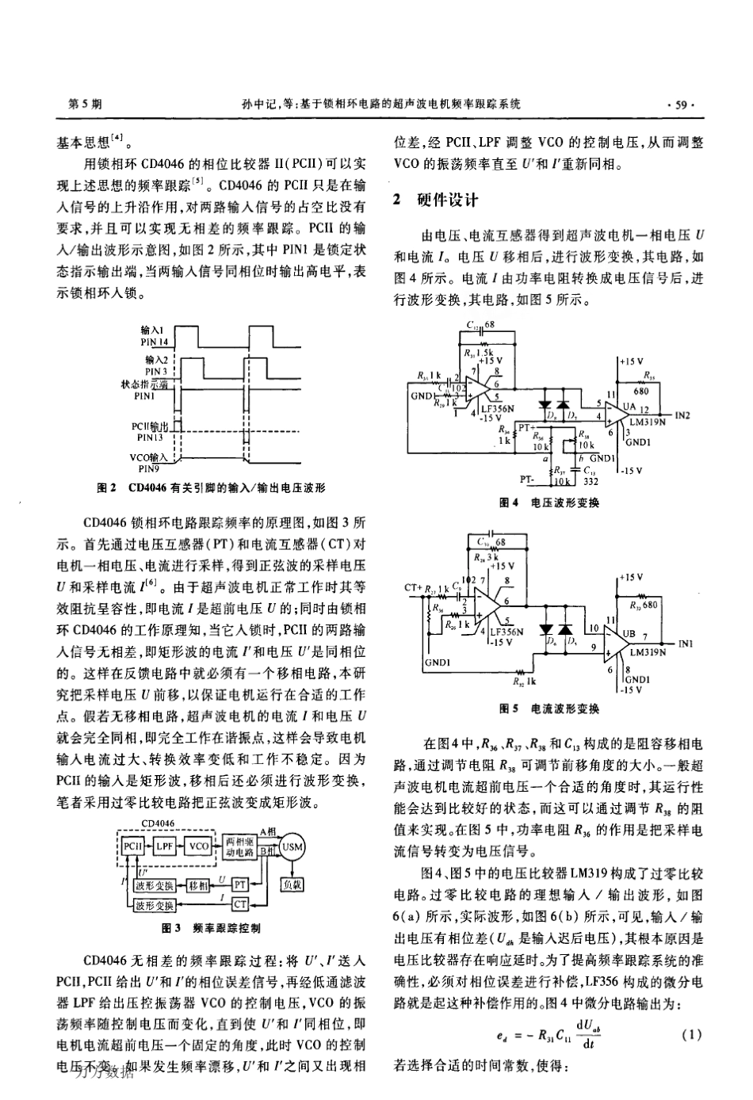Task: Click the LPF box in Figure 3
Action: click(165, 846)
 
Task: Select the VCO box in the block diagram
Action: click(199, 846)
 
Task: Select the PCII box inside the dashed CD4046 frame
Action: click(132, 846)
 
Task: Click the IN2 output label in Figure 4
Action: click(682, 414)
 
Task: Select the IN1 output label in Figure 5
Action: click(686, 644)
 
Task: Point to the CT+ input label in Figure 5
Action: click(415, 588)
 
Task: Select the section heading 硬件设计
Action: click(446, 200)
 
